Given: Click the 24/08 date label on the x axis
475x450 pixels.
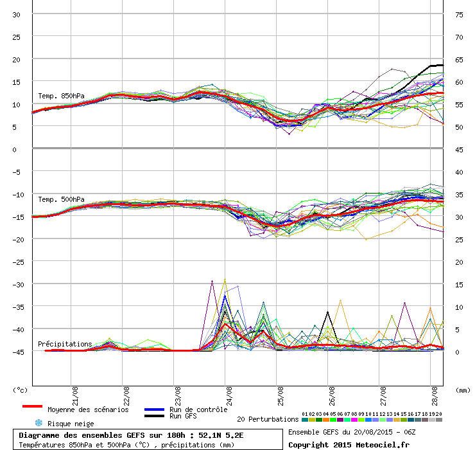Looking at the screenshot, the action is pos(229,396).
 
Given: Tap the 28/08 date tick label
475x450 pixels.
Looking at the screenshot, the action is pos(435,396).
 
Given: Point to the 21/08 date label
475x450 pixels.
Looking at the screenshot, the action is pos(75,396).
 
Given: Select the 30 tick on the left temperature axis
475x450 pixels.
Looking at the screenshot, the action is pos(16,15).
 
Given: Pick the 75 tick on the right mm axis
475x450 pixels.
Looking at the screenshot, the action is pos(459,15).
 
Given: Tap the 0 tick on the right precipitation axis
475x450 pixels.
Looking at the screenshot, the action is pos(457,352).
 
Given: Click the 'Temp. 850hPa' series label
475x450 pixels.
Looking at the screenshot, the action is pos(61,96).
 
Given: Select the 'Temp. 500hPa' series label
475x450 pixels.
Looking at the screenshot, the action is pos(61,199).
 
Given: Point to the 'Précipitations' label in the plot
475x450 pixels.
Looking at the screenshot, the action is pos(65,344).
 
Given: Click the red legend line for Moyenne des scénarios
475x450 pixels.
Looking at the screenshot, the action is pos(32,406).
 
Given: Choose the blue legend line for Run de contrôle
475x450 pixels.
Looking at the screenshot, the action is pos(155,410).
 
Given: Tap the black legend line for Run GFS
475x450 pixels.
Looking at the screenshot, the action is pos(155,416).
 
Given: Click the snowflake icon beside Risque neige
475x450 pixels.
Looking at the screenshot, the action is pos(39,423).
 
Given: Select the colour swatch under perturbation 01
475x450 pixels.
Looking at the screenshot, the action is pos(305,420).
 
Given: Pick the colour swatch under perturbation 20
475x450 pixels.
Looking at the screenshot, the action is pos(439,420).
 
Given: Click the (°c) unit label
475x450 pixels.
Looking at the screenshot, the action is pos(21,390).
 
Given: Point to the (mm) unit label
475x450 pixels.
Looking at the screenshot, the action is pos(463,390).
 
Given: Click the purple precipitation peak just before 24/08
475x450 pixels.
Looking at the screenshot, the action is pos(212,282).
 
